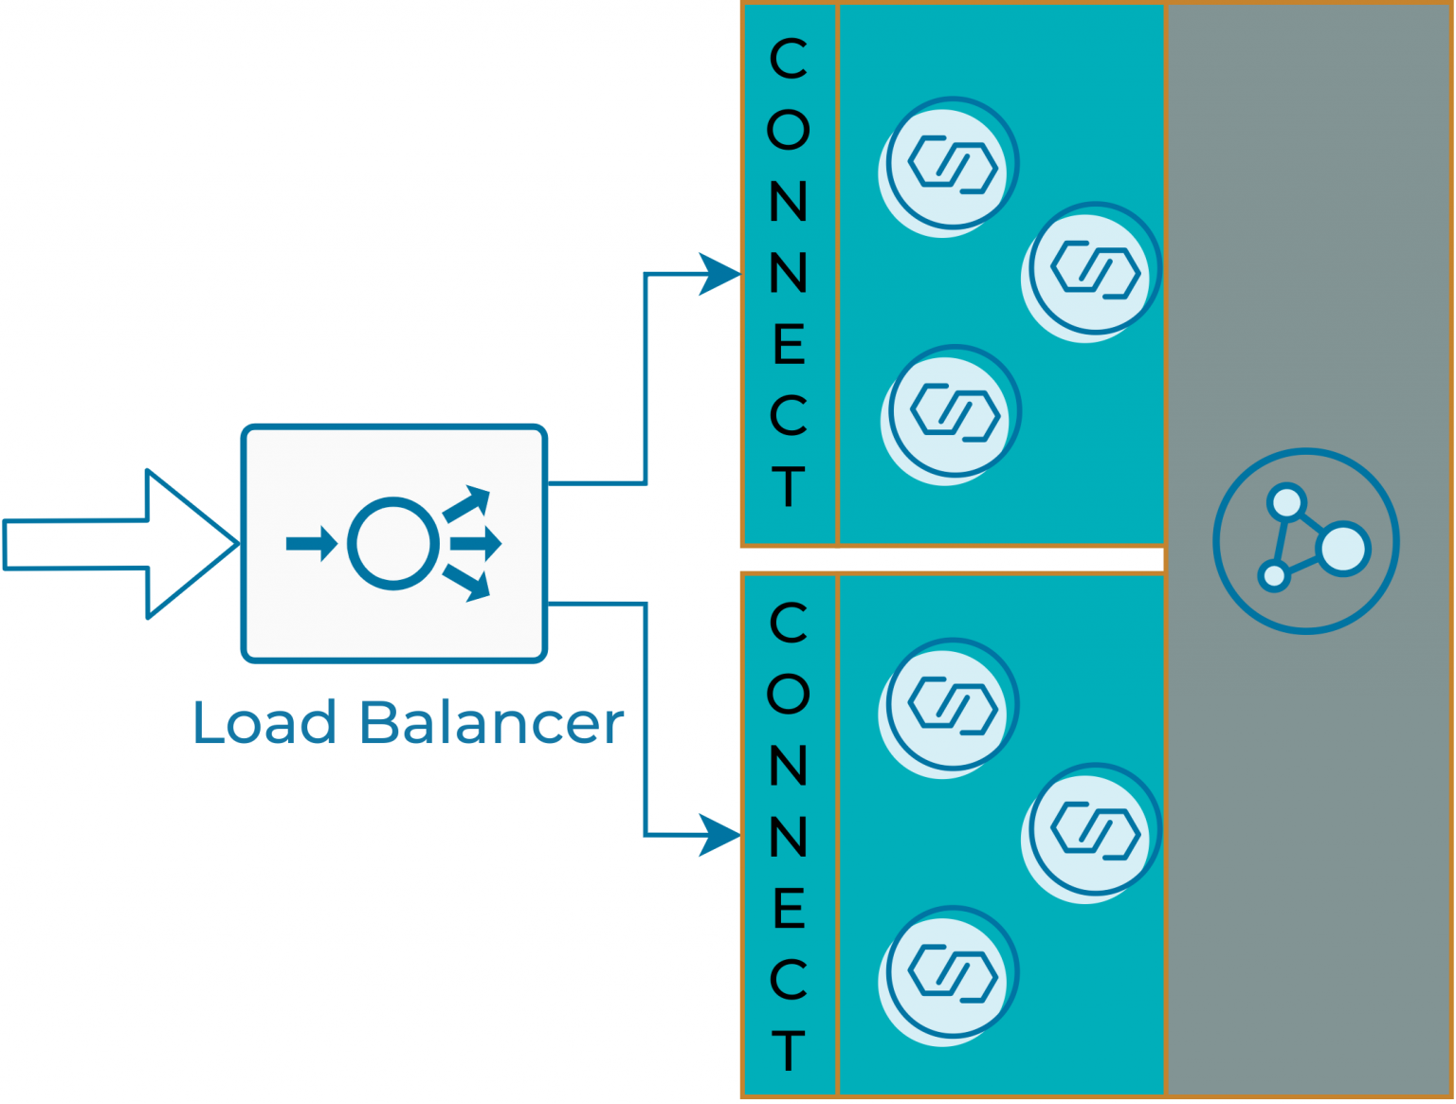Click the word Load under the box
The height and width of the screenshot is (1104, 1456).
point(264,724)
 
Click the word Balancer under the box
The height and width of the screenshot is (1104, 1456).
point(492,724)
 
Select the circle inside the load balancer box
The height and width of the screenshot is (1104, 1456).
point(392,544)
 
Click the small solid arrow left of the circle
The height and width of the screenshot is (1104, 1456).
point(312,544)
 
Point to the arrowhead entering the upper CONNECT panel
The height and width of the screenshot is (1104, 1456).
point(720,274)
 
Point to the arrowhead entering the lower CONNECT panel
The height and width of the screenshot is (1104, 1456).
point(720,835)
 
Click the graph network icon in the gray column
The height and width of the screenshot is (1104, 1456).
point(1306,541)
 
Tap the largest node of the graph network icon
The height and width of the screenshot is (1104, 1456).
point(1343,548)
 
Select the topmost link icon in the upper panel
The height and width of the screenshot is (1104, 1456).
point(951,165)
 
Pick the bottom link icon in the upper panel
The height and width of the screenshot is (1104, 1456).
point(953,412)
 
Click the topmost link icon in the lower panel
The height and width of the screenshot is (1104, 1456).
point(951,706)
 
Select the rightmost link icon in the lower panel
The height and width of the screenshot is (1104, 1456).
point(1094,831)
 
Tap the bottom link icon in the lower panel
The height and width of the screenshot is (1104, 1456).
point(951,973)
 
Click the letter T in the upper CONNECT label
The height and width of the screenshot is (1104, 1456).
point(788,487)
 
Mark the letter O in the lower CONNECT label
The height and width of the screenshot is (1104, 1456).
point(788,695)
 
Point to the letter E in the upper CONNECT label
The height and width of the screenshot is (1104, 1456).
point(788,345)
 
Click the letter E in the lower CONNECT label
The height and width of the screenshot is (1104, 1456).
point(788,909)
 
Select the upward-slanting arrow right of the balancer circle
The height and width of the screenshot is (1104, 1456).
point(466,503)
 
